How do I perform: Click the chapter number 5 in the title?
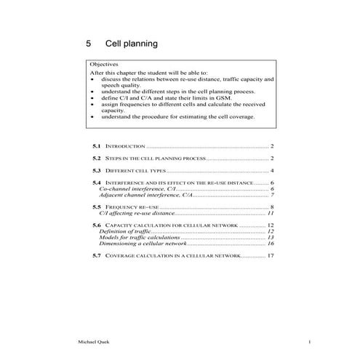[89, 44]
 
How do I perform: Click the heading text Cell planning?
[131, 44]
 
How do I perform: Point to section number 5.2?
[97, 158]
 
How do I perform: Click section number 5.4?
[97, 183]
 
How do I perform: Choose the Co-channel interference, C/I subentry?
[137, 188]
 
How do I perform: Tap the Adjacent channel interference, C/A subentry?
[145, 195]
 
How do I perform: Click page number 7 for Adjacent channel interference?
[271, 195]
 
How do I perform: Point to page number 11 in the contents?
[270, 214]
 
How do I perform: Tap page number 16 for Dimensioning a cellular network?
[270, 244]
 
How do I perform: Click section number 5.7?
[97, 257]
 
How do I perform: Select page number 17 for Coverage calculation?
[270, 257]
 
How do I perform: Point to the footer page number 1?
[309, 342]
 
